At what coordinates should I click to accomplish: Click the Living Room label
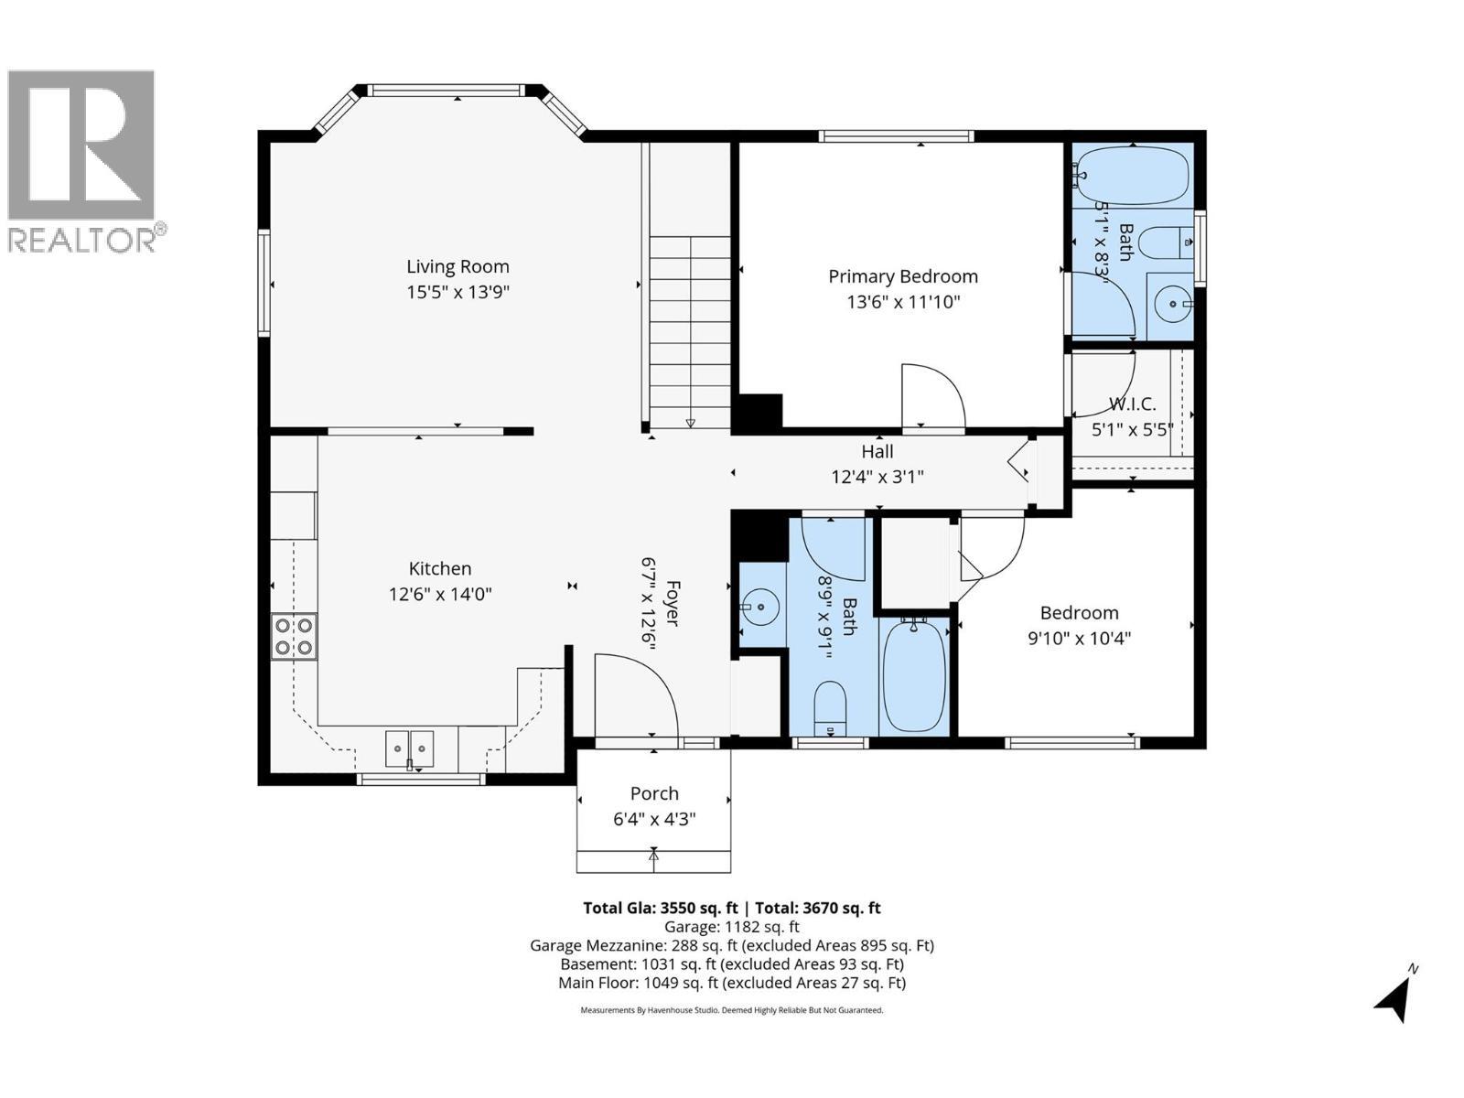pyautogui.click(x=457, y=266)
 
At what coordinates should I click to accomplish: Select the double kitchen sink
pyautogui.click(x=409, y=748)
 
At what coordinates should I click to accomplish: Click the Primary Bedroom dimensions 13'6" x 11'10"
pyautogui.click(x=903, y=302)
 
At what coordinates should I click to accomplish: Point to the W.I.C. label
pyautogui.click(x=1132, y=404)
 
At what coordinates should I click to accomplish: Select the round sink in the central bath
pyautogui.click(x=759, y=606)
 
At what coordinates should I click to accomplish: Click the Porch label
pyautogui.click(x=654, y=793)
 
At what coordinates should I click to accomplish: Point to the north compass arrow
pyautogui.click(x=1395, y=996)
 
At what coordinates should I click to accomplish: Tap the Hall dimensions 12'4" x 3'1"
pyautogui.click(x=877, y=477)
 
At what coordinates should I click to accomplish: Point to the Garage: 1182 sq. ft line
pyautogui.click(x=732, y=927)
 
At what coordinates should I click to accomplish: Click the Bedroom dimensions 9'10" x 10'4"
pyautogui.click(x=1079, y=638)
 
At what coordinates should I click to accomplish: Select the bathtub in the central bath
pyautogui.click(x=915, y=675)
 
